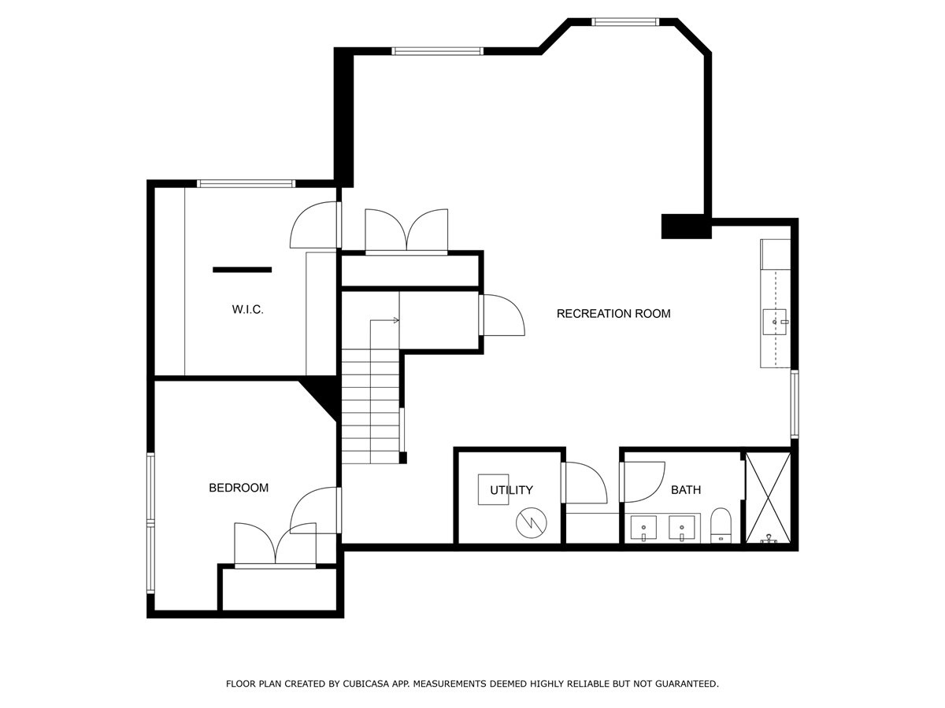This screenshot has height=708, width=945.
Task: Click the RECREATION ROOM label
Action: [x=613, y=314]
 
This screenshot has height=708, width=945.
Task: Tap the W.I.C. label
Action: [x=247, y=309]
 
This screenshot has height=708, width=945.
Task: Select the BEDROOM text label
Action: [x=239, y=488]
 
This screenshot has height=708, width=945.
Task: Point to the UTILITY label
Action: [x=511, y=490]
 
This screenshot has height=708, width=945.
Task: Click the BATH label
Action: [x=686, y=490]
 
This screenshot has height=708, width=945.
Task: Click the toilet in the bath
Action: [x=721, y=525]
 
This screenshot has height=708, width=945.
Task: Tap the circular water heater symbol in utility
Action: [x=532, y=523]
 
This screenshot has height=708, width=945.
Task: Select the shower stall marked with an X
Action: [x=768, y=498]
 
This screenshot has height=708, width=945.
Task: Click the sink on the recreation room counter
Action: [x=775, y=322]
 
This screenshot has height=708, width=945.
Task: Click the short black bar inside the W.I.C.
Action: [x=243, y=270]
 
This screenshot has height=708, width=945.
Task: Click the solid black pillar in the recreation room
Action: [x=686, y=226]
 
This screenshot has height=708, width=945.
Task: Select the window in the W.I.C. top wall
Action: [x=246, y=183]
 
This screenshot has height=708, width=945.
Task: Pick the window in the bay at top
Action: [x=625, y=22]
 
